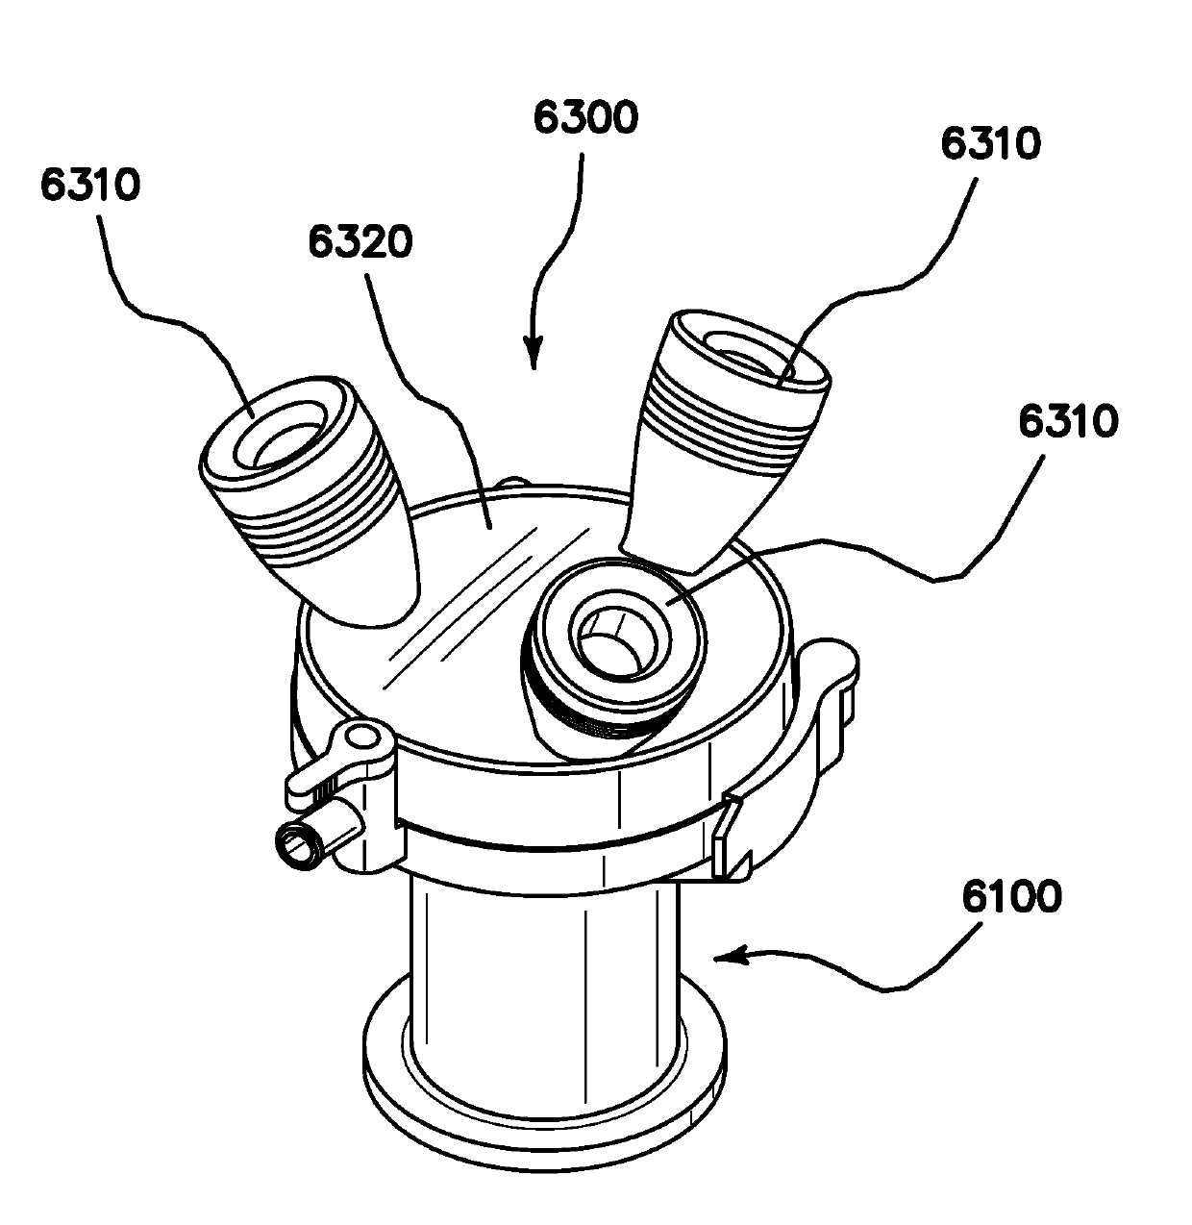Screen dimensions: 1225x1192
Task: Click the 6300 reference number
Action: pyautogui.click(x=585, y=120)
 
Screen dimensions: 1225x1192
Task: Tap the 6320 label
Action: pyautogui.click(x=360, y=242)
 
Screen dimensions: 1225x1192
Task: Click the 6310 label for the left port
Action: pyautogui.click(x=90, y=185)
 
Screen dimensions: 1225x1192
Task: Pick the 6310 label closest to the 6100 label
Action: pyautogui.click(x=1066, y=421)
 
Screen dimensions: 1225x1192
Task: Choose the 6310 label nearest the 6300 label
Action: pyautogui.click(x=989, y=144)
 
